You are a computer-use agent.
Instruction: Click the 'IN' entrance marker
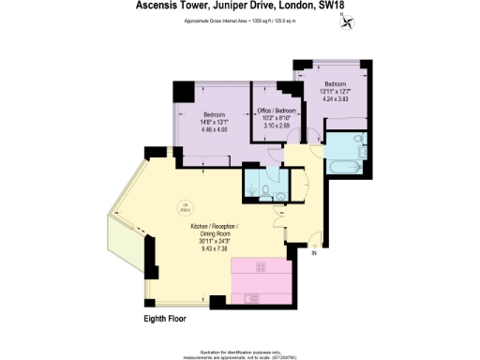click(315, 254)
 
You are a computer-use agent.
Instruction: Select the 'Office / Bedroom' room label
click(277, 111)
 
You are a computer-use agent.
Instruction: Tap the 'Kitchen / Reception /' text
click(215, 228)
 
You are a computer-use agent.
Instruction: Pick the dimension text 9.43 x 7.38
click(215, 243)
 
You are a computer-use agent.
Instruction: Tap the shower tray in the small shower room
click(252, 185)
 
